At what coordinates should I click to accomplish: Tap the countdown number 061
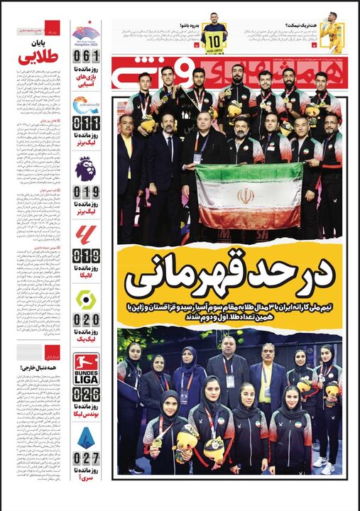pos(86,56)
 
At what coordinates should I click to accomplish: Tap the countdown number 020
pos(86,320)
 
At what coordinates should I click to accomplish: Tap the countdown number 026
pos(86,394)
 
